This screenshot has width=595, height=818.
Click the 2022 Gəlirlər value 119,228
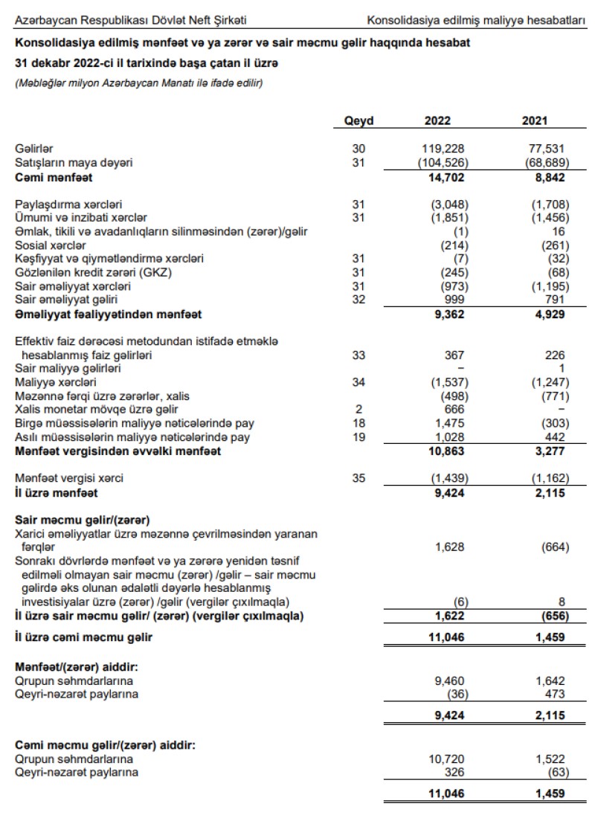pos(443,149)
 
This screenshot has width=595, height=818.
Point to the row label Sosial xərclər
pos(51,245)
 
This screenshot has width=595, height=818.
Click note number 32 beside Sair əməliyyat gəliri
pos(359,300)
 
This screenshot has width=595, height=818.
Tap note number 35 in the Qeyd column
pos(359,477)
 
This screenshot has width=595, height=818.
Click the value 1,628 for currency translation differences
pos(448,547)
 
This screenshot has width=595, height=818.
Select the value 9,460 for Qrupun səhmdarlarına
pos(448,680)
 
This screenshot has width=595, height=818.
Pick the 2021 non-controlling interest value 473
pos(554,694)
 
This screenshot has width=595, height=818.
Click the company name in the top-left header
pos(131,19)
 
